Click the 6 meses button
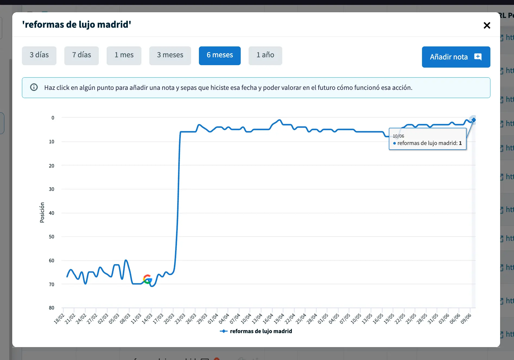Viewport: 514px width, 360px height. [x=220, y=55]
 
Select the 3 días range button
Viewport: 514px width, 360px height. [x=39, y=55]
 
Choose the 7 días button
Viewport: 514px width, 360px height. [x=81, y=55]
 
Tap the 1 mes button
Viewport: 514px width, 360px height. [x=124, y=55]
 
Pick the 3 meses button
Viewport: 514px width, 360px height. [x=170, y=55]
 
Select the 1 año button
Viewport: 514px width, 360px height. [x=265, y=55]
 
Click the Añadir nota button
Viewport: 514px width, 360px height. [x=456, y=57]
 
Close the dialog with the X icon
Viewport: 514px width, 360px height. [x=487, y=26]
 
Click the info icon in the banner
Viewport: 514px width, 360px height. [x=34, y=87]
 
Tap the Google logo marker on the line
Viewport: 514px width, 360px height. [x=147, y=279]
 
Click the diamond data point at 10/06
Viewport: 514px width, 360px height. [x=474, y=120]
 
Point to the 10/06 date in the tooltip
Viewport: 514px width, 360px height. [x=398, y=136]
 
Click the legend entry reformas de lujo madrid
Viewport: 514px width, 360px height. [x=261, y=331]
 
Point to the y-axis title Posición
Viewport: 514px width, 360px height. [x=42, y=212]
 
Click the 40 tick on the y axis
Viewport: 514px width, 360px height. [x=52, y=213]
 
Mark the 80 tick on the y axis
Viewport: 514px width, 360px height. [x=52, y=308]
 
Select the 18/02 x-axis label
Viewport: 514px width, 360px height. [x=59, y=319]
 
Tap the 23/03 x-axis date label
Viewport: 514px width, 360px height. [x=180, y=319]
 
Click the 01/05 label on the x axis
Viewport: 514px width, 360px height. [x=323, y=319]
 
